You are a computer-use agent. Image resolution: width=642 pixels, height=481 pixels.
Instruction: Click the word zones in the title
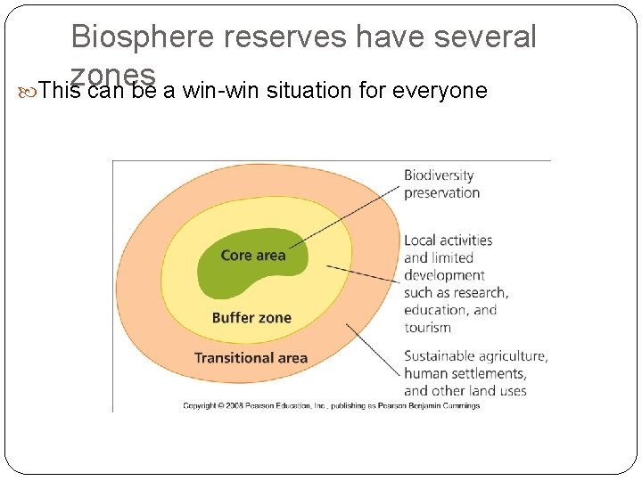point(113,73)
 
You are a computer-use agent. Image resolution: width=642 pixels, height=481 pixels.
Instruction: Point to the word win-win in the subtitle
point(218,90)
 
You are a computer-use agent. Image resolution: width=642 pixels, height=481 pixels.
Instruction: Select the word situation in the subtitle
point(309,90)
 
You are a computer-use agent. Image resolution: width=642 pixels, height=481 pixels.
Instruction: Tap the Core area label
point(253,256)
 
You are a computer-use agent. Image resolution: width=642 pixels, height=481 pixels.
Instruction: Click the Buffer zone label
point(251,318)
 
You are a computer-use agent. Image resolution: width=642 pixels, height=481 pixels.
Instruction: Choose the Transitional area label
point(251,358)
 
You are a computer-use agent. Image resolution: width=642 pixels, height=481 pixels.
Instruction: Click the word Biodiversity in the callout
point(439,175)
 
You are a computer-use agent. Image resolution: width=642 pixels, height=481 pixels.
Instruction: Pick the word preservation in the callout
point(442,192)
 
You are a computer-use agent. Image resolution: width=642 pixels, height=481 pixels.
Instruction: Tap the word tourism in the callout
point(428,328)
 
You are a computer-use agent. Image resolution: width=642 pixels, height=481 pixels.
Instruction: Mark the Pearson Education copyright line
point(332,405)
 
